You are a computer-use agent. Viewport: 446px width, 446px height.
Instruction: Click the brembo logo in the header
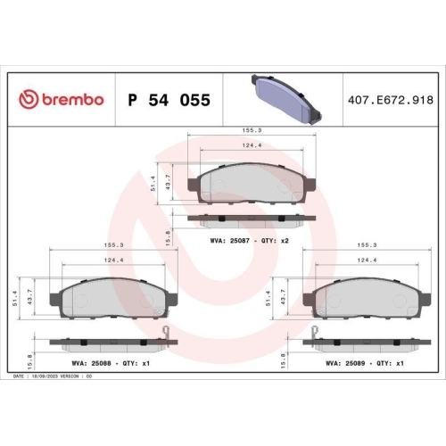[62, 100]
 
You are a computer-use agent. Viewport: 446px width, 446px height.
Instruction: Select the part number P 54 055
[169, 101]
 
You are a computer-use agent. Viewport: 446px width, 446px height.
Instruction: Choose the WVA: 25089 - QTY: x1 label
[365, 363]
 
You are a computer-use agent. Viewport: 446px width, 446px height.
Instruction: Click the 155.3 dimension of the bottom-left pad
[113, 244]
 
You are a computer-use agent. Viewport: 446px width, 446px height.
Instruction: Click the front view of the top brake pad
[252, 185]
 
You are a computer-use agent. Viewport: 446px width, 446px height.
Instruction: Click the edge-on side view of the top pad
[252, 217]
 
